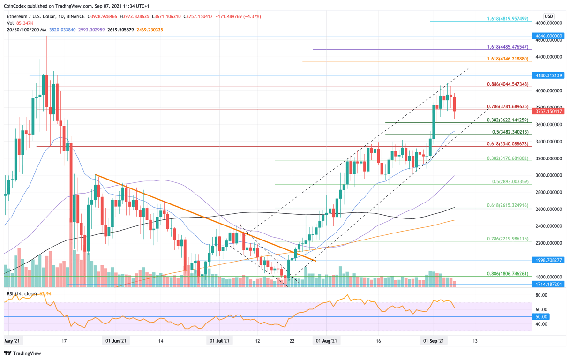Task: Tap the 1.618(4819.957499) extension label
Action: point(508,19)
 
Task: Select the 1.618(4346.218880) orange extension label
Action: point(508,59)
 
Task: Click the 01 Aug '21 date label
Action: point(326,341)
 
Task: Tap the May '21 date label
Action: point(12,341)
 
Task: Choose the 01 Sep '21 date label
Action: point(433,341)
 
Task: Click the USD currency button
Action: point(548,16)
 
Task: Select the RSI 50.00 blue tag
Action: point(542,317)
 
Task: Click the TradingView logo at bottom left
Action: point(22,353)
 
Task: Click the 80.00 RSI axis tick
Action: point(541,295)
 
